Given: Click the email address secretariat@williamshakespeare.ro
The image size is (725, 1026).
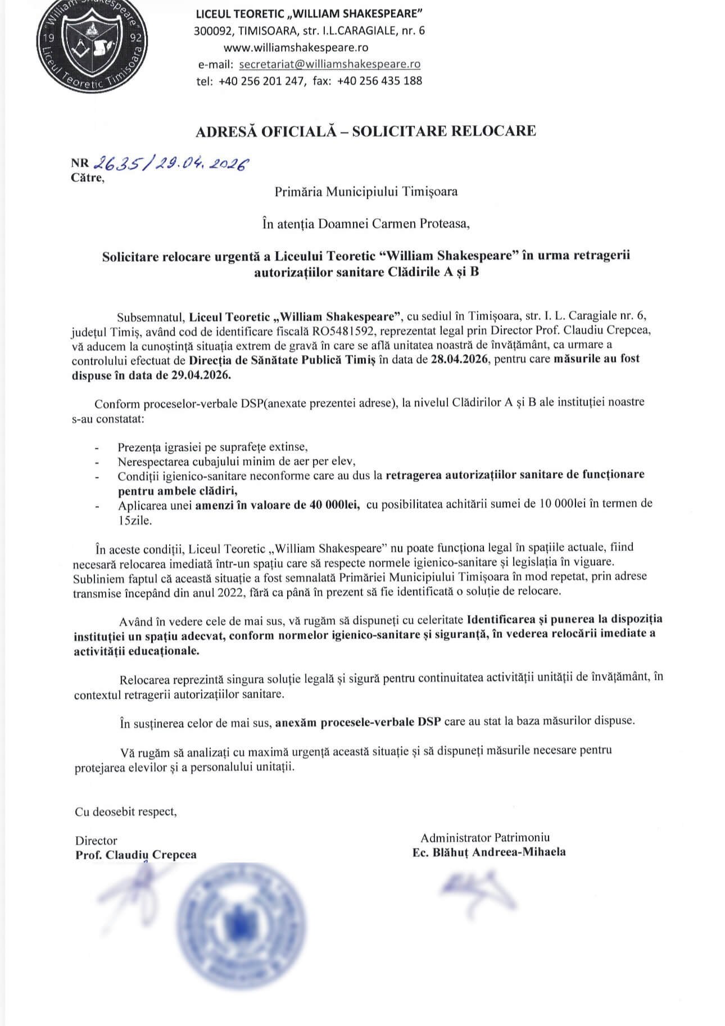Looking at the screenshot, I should click(x=330, y=64).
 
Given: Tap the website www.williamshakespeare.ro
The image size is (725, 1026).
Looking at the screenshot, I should click(x=296, y=47).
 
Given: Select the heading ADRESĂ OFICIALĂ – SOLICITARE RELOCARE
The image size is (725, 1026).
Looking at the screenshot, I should click(x=365, y=131).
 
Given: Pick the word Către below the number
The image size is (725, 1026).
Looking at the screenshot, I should click(x=87, y=178).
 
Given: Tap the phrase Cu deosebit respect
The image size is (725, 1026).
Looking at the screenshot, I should click(x=125, y=811).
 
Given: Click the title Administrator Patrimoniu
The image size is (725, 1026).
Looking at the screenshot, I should click(x=486, y=837).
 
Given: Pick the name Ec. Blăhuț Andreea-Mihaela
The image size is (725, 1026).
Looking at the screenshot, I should click(x=489, y=852).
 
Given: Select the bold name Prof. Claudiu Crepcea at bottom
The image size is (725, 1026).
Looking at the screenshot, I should click(x=136, y=855).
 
